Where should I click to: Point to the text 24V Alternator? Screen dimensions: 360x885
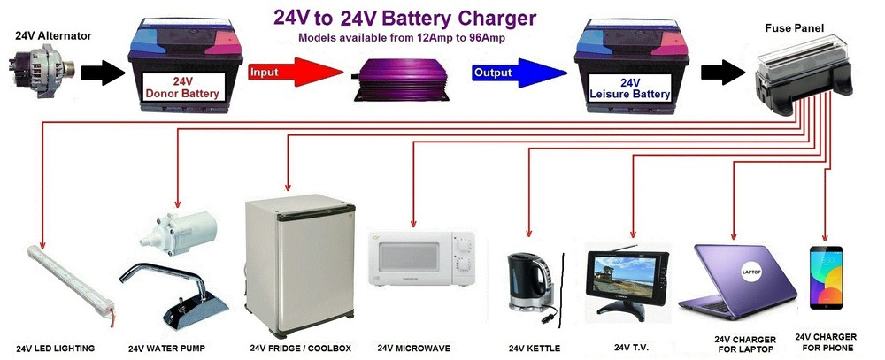point(54,36)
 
